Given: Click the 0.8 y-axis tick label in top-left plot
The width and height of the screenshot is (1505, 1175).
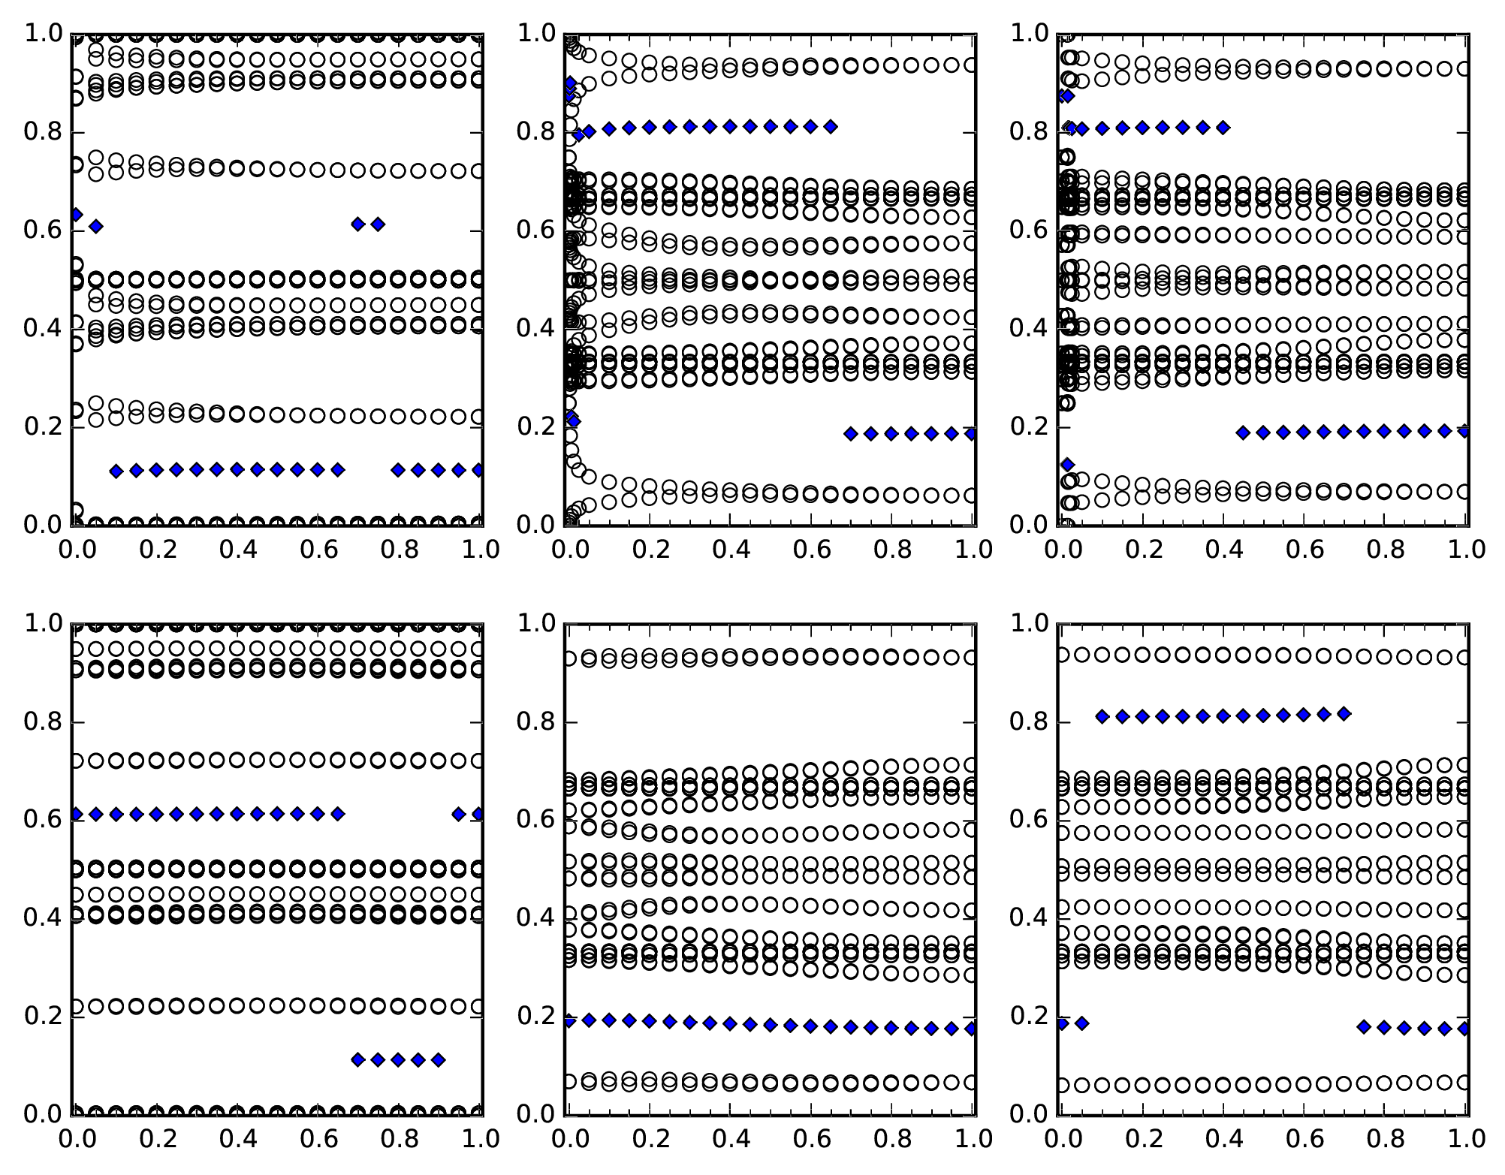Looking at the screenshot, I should pos(41,132).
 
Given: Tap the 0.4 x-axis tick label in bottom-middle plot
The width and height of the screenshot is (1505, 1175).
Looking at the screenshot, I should pos(731,1139).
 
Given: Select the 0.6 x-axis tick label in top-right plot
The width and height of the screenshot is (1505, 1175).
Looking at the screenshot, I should pos(1305,550).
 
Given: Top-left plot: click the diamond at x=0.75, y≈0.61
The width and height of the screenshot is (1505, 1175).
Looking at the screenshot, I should pos(378,224).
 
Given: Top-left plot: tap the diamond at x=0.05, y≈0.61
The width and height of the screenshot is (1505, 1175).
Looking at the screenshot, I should pos(95,226).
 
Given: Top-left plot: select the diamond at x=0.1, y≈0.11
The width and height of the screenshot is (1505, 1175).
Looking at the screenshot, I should pos(116,472).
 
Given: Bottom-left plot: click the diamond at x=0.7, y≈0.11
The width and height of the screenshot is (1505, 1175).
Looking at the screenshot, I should pos(357,1059).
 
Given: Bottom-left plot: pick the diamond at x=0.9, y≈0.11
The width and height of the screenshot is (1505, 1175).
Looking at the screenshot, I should pos(439,1059).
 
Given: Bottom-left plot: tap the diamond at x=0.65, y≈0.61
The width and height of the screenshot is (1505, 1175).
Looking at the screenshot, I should pos(337,813).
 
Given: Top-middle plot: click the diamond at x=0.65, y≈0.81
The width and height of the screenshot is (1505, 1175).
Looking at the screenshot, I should pos(831,126).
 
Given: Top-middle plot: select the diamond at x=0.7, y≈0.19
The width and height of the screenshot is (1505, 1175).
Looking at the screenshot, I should pos(851,433).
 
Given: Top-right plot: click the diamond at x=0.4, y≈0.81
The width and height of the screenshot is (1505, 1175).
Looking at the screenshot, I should pos(1223,128).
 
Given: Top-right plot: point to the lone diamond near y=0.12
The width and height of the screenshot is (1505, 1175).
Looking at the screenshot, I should pos(1067,464).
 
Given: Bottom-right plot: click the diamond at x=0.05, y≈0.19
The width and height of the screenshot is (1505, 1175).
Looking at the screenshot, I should pos(1081,1023).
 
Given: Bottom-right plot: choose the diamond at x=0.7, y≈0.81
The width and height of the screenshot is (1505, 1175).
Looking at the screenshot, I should pos(1344,713).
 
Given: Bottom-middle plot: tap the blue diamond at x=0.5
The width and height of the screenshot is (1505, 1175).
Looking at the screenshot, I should pos(771,1025).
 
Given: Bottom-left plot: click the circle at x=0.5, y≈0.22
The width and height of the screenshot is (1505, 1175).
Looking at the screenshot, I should pos(277,1005).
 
